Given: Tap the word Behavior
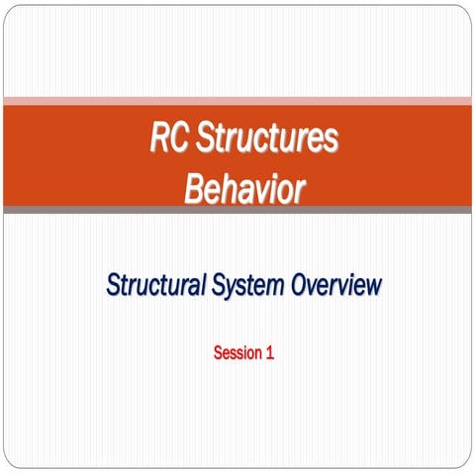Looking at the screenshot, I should (243, 189).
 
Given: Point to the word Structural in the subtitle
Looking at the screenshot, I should (155, 287).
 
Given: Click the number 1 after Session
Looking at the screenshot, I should (269, 352).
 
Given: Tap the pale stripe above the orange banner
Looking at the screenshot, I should (237, 100).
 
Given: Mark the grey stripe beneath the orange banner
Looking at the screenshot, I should (237, 209).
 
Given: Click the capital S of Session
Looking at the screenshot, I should (218, 352).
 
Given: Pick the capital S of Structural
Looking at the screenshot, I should (112, 287).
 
